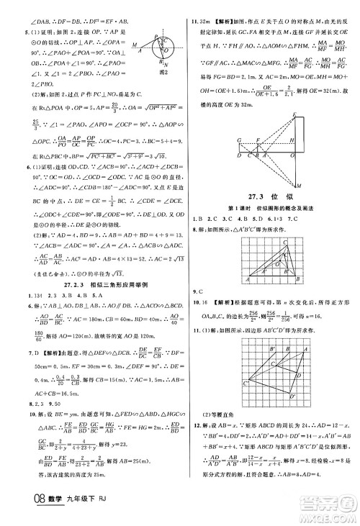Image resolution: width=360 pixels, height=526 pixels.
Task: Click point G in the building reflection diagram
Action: click(238, 139)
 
